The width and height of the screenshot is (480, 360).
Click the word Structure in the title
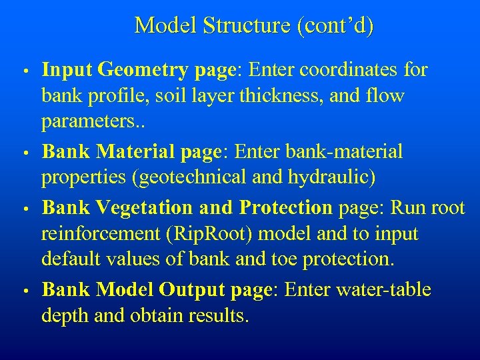[x=249, y=26]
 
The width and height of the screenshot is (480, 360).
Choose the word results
[x=216, y=316]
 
